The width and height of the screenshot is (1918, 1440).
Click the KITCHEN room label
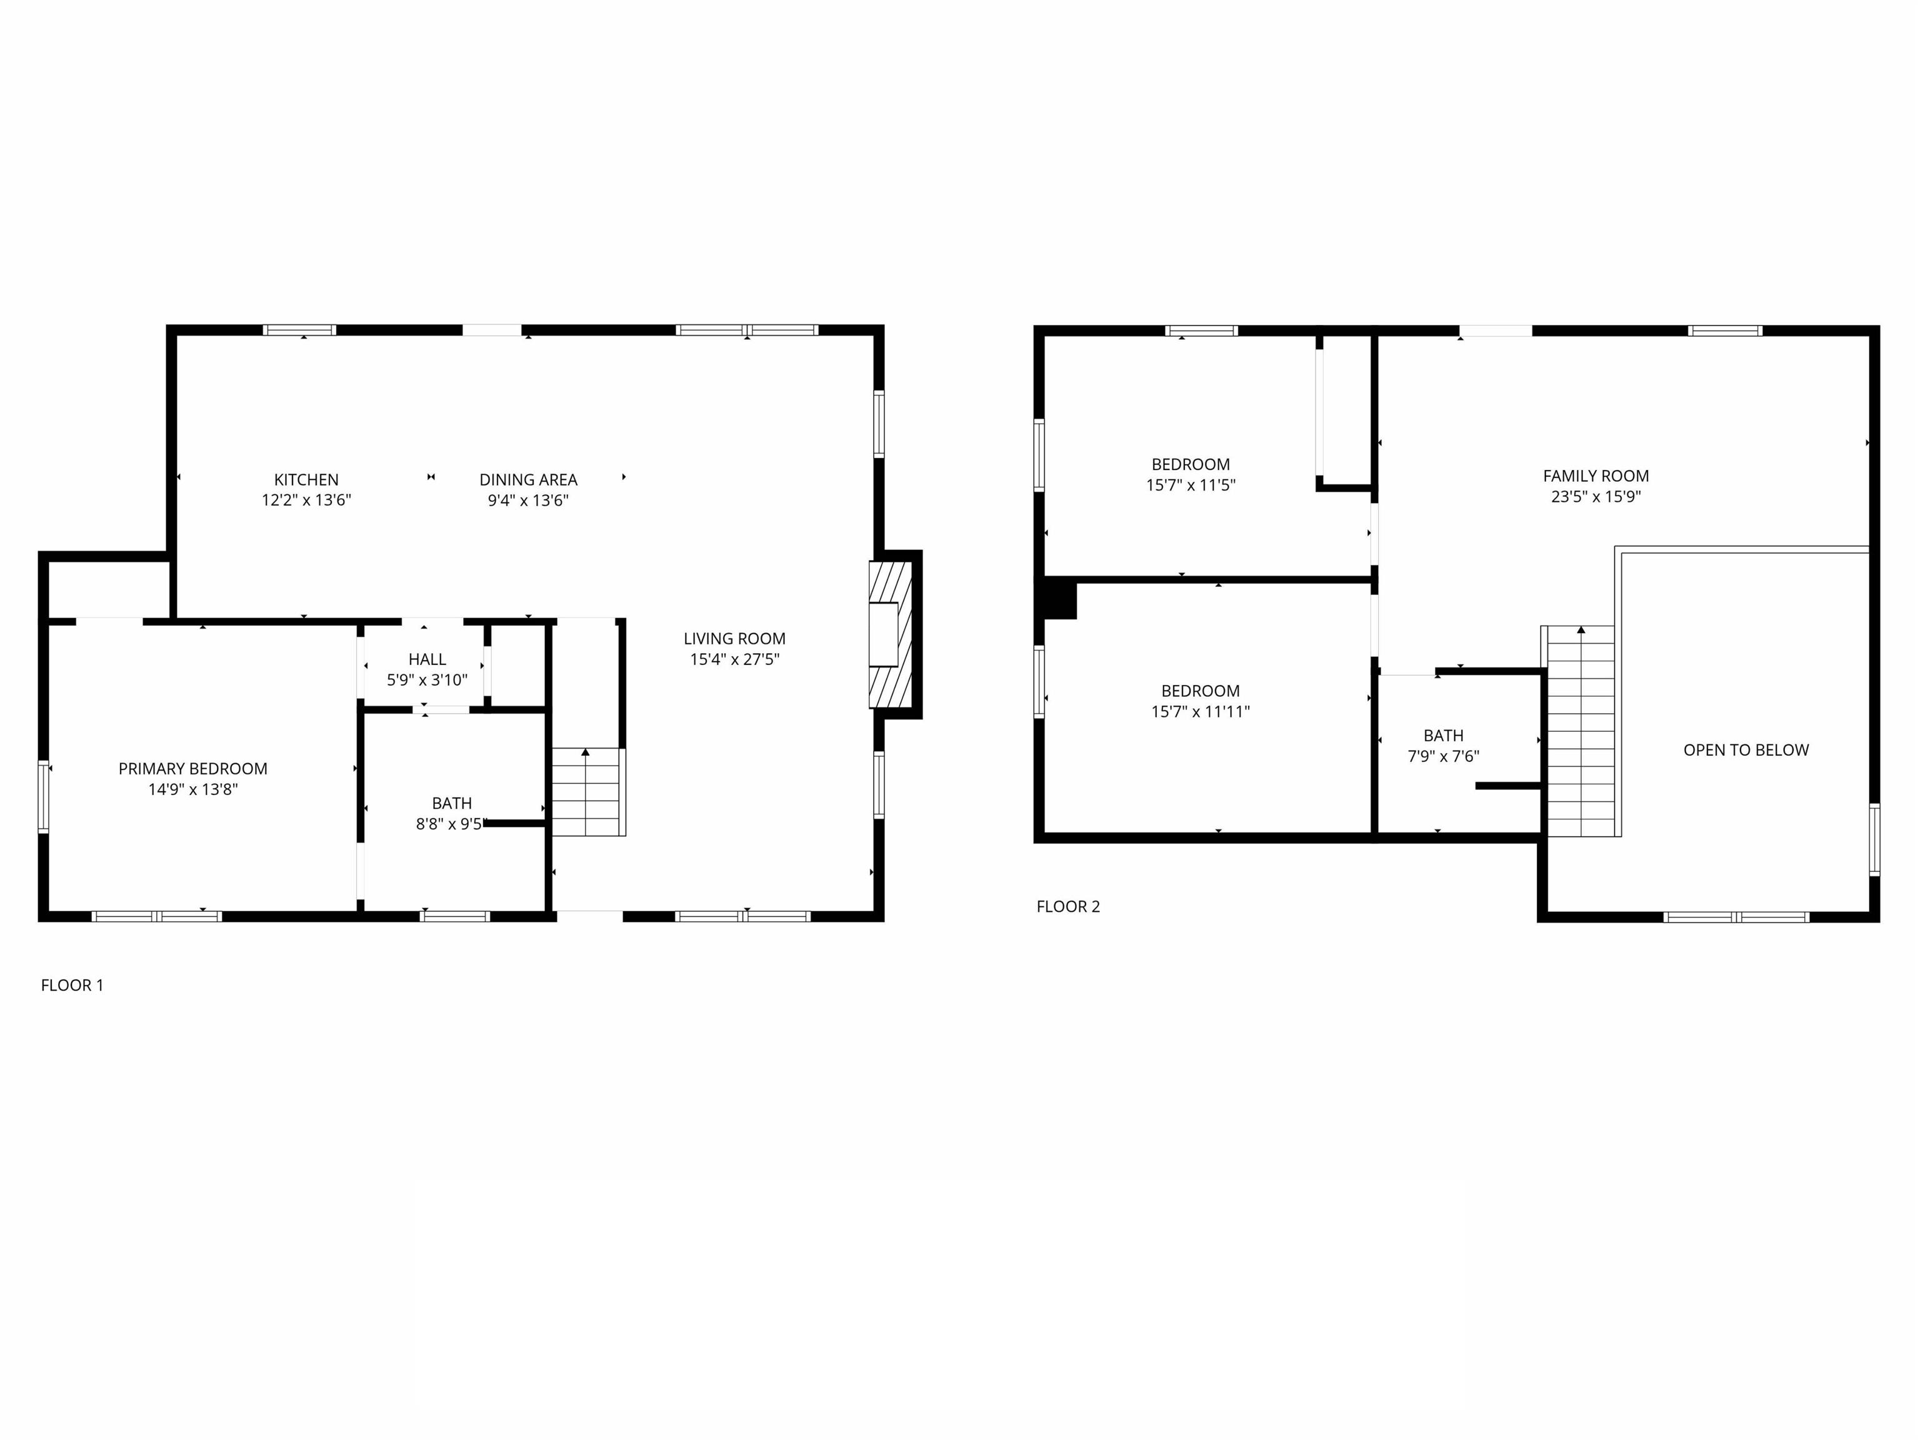(306, 479)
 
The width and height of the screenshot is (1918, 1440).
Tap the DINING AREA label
(528, 479)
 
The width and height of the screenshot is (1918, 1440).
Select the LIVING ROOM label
(734, 639)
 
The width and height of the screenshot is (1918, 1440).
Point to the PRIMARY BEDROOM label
(192, 769)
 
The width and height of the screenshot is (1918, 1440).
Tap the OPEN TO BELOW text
(1746, 750)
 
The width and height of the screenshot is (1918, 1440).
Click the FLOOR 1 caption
(72, 985)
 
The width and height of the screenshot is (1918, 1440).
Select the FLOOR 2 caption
(1067, 907)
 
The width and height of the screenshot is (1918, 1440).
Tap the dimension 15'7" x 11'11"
(1200, 712)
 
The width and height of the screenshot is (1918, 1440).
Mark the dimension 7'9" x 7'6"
(1443, 756)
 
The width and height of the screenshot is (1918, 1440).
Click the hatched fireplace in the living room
(891, 634)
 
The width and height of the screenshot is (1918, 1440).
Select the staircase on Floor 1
(589, 792)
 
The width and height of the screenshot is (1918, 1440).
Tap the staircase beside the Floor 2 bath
(1581, 731)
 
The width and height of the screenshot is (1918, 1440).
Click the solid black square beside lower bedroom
(1059, 600)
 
